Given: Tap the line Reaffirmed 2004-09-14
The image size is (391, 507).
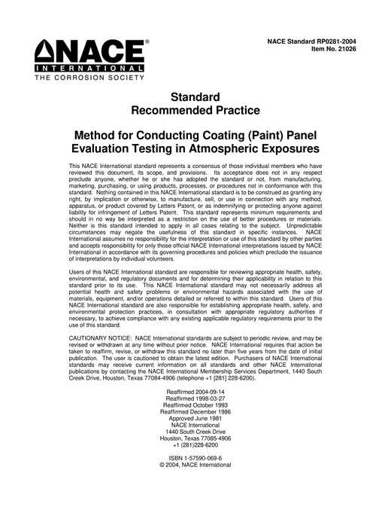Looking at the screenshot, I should tap(195, 391).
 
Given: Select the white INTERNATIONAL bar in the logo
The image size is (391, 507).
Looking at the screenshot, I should tap(89, 69).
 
